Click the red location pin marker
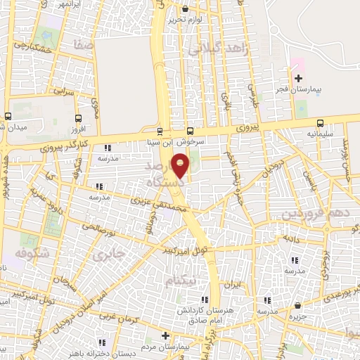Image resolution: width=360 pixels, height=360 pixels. pyautogui.click(x=181, y=165)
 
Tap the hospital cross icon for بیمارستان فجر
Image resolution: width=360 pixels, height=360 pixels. pyautogui.click(x=298, y=78)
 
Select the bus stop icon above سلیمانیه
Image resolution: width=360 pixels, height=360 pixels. pyautogui.click(x=320, y=121)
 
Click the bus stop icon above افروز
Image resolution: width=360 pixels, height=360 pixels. pyautogui.click(x=77, y=119)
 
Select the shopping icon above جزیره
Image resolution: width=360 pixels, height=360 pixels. pyautogui.click(x=298, y=305)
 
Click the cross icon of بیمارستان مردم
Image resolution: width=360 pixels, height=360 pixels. pyautogui.click(x=165, y=335)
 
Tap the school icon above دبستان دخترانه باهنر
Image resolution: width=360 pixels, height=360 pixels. pyautogui.click(x=103, y=342)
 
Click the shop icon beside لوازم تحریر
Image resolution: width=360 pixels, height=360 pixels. pyautogui.click(x=186, y=8)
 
